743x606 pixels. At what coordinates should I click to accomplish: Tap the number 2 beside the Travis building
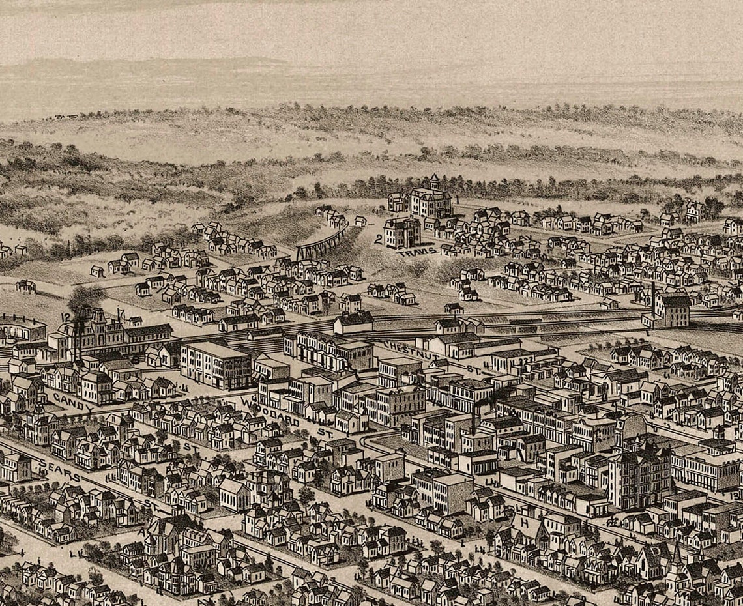point(378,239)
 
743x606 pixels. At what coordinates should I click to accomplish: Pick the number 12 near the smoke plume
point(65,317)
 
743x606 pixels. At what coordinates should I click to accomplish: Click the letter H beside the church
point(524,522)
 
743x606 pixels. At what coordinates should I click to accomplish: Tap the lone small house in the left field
point(25,285)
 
